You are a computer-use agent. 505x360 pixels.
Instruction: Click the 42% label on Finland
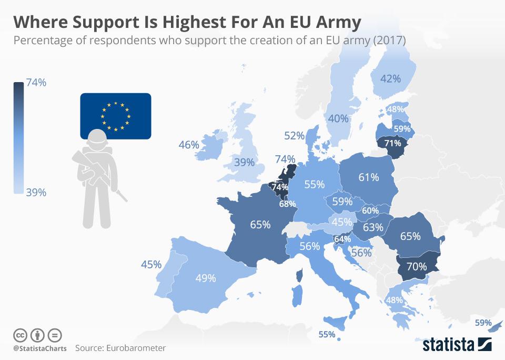(x=390, y=78)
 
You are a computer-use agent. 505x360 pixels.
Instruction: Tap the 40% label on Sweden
(x=338, y=118)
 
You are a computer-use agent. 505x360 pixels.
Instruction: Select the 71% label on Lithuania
(x=392, y=143)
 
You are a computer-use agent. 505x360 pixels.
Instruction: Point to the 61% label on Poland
(x=368, y=177)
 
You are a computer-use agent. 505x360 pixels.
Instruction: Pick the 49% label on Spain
(x=205, y=278)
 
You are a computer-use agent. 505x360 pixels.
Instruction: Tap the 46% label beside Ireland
(x=188, y=144)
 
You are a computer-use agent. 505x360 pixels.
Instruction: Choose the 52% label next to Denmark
(x=294, y=136)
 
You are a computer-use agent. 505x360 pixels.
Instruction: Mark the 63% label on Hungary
(x=372, y=227)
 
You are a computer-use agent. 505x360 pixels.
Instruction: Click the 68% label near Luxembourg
(x=287, y=204)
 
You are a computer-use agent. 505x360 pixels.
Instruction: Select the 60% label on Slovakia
(x=370, y=211)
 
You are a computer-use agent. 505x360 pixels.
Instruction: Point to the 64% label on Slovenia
(x=342, y=239)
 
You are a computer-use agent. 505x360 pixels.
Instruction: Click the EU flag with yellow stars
(x=115, y=116)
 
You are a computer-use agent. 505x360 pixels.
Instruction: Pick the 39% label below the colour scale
(x=36, y=193)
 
